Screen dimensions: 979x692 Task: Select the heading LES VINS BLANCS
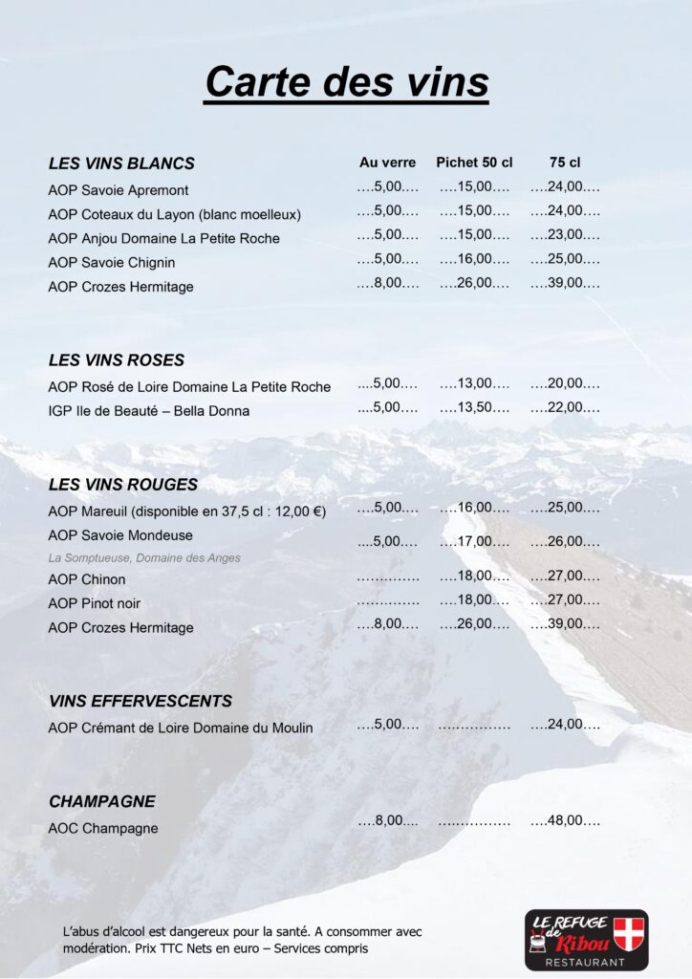pos(121,163)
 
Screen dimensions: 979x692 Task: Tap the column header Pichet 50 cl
pos(474,163)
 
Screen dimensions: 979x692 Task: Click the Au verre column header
pos(387,163)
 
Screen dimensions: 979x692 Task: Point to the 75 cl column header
pos(565,163)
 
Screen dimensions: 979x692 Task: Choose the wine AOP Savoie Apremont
pos(119,190)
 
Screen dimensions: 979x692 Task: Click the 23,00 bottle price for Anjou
pos(565,235)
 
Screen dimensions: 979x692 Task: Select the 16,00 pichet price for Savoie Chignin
pos(475,259)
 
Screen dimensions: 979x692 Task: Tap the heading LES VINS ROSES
pos(117,360)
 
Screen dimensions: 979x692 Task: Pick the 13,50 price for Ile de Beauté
pos(475,407)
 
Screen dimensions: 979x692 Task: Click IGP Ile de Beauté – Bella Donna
pos(149,411)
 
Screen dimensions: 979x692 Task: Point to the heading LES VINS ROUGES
pos(123,485)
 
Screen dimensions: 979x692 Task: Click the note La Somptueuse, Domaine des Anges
pos(144,557)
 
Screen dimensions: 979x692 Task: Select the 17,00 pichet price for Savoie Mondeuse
pos(475,542)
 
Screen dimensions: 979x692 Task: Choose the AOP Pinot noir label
pos(95,603)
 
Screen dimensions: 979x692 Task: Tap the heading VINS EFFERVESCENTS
pos(141,702)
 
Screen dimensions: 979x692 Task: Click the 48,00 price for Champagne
pos(565,821)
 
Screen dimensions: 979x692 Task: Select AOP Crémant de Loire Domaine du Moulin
pos(181,729)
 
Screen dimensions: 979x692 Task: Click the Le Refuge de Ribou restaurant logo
pos(586,939)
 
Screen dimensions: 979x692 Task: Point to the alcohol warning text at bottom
pos(242,940)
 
